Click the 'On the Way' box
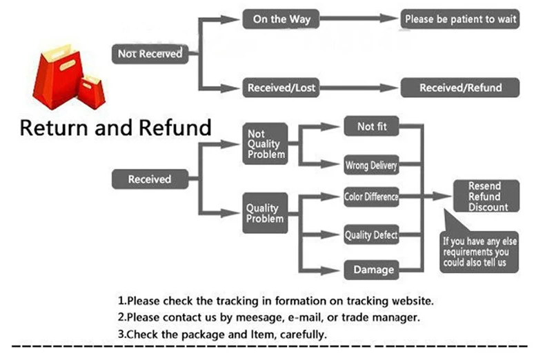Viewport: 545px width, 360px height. [x=281, y=19]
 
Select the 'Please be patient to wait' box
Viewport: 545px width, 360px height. [x=460, y=19]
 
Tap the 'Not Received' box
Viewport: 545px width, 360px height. [x=150, y=54]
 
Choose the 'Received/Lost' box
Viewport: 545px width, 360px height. [x=281, y=88]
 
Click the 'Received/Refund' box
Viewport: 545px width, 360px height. [x=460, y=88]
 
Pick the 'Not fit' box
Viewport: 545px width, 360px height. [x=371, y=126]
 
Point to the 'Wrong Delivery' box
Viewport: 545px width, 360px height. [x=371, y=165]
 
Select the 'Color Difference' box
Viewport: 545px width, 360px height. [x=371, y=197]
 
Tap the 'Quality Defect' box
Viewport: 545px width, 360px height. [x=371, y=234]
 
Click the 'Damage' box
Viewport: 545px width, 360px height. [x=371, y=270]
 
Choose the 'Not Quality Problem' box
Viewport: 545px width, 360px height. [x=265, y=143]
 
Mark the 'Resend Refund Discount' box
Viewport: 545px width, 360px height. [x=486, y=196]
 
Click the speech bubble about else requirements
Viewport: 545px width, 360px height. [x=479, y=252]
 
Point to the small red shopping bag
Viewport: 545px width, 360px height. [x=92, y=92]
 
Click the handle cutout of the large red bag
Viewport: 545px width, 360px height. [x=67, y=65]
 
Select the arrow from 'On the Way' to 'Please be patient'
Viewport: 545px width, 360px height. [x=359, y=19]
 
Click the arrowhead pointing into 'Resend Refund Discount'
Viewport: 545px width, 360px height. [x=442, y=197]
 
